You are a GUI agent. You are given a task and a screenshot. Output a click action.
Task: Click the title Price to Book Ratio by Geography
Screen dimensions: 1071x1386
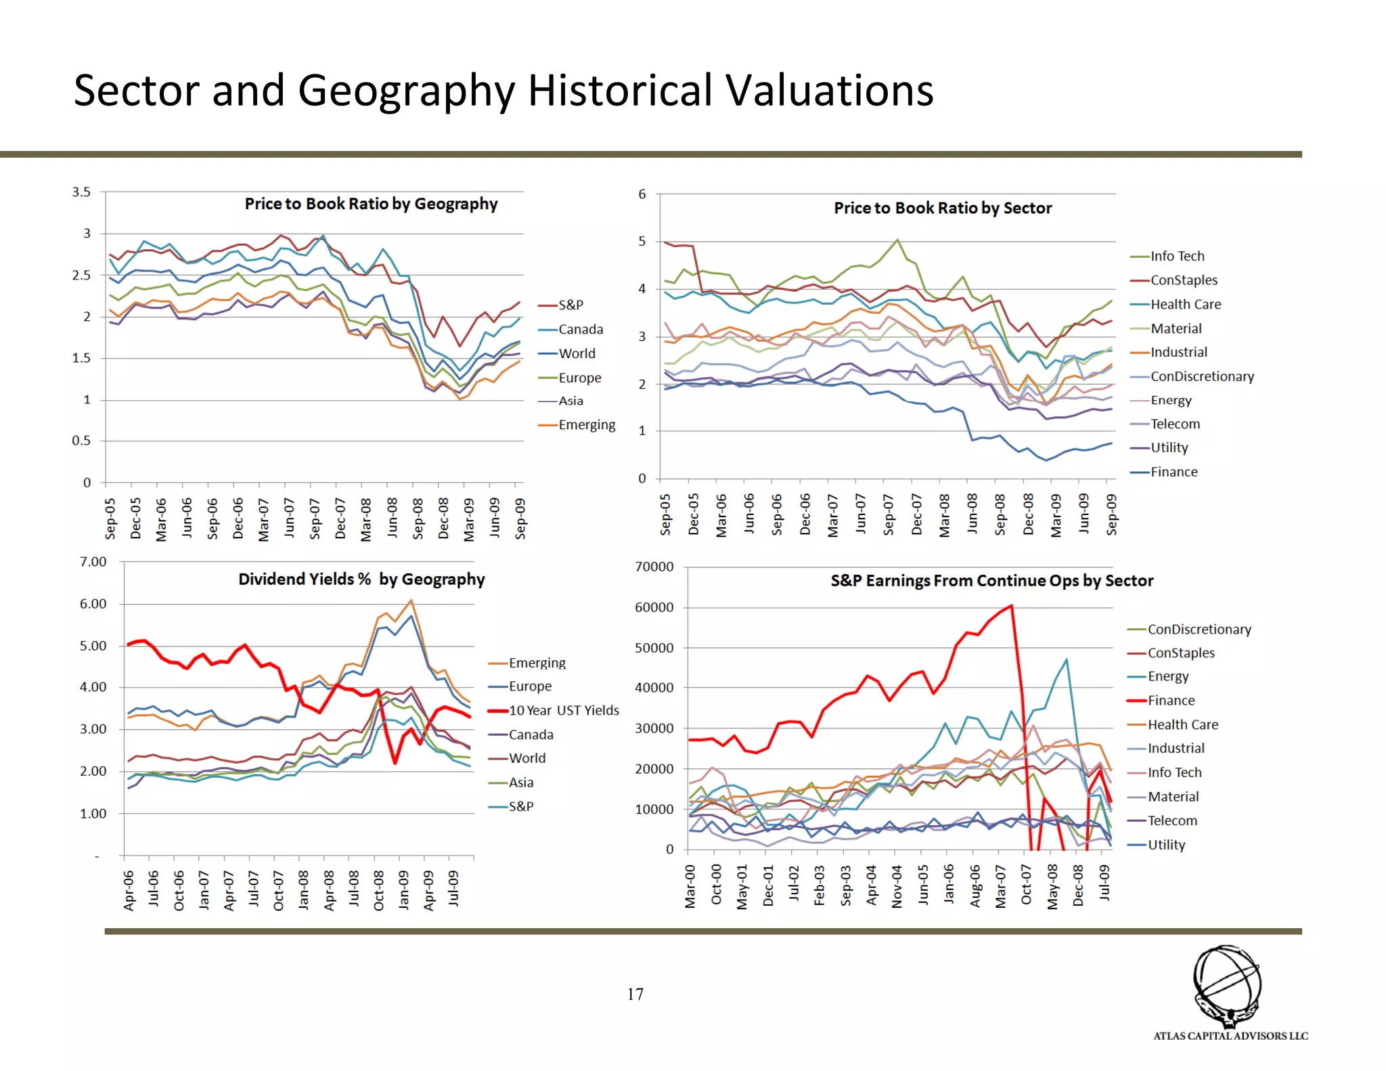(x=371, y=204)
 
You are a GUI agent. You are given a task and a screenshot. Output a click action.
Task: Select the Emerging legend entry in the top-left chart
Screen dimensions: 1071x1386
(x=586, y=425)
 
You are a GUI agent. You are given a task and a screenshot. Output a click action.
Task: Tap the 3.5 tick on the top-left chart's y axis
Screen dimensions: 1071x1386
(x=81, y=192)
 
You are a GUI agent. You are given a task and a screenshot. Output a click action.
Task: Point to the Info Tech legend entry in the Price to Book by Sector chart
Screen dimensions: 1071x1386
(x=1177, y=256)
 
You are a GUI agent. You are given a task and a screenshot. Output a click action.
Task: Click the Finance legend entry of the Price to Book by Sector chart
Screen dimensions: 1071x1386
(x=1173, y=472)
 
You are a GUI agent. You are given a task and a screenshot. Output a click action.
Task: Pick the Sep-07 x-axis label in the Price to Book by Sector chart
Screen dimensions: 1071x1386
(x=889, y=515)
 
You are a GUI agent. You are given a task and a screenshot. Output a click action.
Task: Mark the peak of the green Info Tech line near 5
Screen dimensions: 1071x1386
(x=897, y=240)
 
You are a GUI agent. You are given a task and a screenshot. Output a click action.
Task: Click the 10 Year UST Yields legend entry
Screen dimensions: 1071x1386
(x=563, y=710)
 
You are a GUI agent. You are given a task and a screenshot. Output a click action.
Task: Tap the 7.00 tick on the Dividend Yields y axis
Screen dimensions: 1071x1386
(x=93, y=562)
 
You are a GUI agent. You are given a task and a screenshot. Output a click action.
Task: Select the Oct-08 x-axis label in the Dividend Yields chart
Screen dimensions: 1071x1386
(x=378, y=890)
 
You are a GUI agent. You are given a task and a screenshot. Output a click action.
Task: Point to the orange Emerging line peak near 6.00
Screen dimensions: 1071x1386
(x=411, y=600)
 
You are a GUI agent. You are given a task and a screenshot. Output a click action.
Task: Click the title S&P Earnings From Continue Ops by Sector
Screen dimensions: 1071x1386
(x=991, y=581)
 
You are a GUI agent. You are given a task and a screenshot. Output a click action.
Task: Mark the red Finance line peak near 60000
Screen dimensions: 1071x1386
(x=1011, y=606)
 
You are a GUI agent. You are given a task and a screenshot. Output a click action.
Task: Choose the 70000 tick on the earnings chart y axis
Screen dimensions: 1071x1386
(x=654, y=567)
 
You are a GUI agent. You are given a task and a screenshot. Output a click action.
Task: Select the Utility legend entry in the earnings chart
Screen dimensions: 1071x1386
(x=1166, y=845)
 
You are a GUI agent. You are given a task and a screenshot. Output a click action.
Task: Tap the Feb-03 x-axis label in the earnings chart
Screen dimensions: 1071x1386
(x=820, y=885)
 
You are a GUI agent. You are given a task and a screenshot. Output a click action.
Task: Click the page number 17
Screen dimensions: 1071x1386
(x=635, y=995)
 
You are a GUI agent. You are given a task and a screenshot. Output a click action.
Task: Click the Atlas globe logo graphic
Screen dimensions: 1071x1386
(x=1227, y=985)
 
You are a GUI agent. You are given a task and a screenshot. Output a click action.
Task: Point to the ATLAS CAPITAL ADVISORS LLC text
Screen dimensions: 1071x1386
(x=1230, y=1036)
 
